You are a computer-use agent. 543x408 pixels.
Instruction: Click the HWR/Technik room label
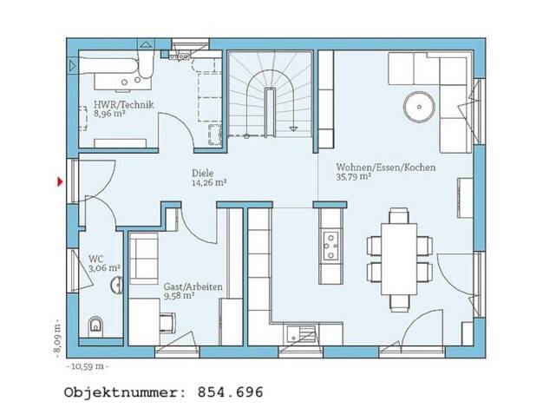[x=123, y=105]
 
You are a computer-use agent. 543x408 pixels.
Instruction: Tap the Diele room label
[x=203, y=173]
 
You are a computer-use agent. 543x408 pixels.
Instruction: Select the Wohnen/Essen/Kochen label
[x=386, y=167]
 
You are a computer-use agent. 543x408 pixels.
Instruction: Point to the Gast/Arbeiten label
[x=193, y=287]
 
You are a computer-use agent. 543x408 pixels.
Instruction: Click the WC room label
[x=96, y=259]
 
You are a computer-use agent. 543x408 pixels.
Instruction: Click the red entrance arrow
[x=60, y=181]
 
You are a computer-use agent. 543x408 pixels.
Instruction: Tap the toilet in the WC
[x=96, y=326]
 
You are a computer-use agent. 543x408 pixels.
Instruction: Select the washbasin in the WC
[x=117, y=286]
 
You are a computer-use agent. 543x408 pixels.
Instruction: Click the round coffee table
[x=419, y=107]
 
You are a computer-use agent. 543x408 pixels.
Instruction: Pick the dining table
[x=399, y=259]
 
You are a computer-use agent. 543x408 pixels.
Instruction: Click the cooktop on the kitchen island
[x=330, y=246]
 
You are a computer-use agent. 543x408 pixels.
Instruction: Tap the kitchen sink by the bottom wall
[x=301, y=334]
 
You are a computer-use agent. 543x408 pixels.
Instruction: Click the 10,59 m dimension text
[x=87, y=366]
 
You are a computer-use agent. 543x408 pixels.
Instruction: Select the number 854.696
[x=230, y=392]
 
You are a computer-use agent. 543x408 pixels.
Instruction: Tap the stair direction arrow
[x=293, y=128]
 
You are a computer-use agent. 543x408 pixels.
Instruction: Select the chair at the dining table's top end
[x=399, y=215]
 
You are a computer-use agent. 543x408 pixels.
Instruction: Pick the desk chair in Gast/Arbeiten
[x=167, y=323]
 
